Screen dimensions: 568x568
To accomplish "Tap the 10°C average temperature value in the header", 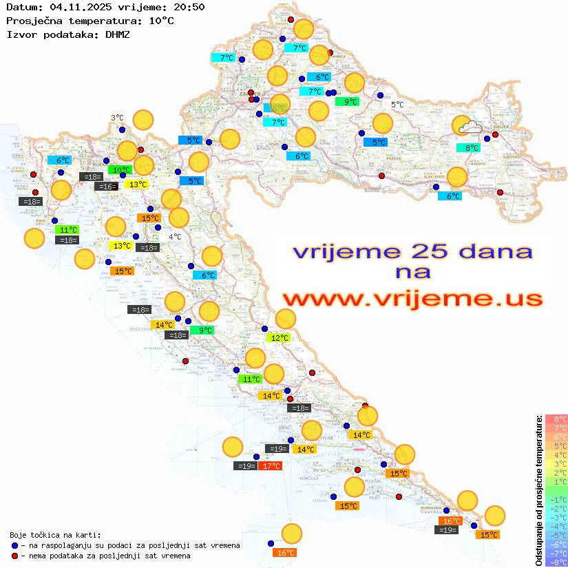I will [161, 21].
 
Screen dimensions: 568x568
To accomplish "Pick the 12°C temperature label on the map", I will [279, 338].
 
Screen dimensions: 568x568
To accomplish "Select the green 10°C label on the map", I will [122, 170].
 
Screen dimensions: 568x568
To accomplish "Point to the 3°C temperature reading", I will [117, 118].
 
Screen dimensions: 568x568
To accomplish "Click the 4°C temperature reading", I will [175, 237].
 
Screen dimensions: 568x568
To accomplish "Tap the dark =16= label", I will [106, 187].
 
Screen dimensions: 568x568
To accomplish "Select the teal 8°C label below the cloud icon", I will [471, 148].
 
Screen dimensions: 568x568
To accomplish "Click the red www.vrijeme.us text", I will [412, 299].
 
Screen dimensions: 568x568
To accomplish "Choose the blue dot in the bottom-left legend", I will [15, 545].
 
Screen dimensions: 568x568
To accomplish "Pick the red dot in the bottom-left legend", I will [15, 556].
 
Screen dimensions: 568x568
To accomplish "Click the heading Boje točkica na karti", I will [55, 535].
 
